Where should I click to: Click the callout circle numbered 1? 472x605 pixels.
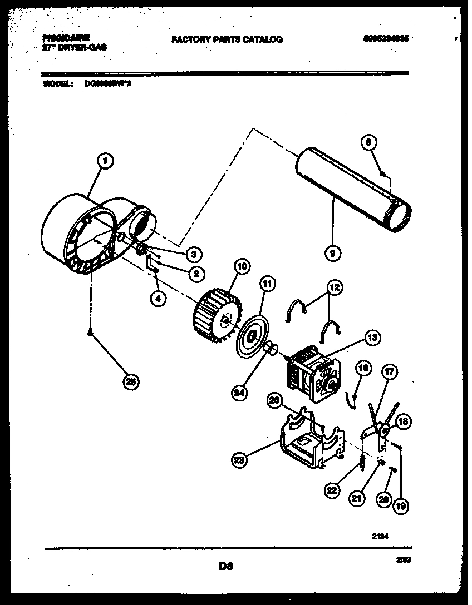105,161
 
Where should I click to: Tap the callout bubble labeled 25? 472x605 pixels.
131,381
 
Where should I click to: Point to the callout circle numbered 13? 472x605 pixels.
372,338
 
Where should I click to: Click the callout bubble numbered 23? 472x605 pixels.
240,459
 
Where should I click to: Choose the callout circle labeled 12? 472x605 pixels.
334,287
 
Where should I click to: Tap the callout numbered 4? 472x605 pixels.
158,298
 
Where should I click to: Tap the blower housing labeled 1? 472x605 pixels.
83,234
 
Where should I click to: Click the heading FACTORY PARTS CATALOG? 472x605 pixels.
227,39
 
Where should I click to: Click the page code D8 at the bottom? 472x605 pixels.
225,567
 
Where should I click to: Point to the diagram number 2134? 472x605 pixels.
380,537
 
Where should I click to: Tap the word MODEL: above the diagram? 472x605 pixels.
58,84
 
